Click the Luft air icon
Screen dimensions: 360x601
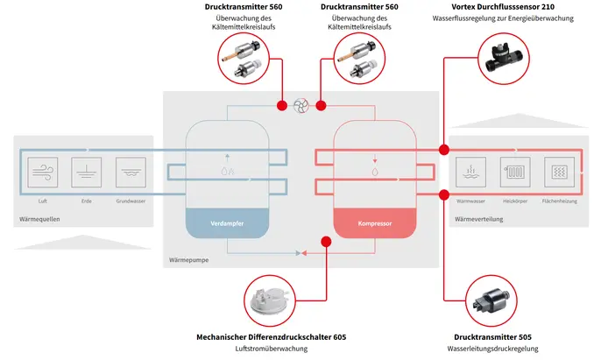tap(43, 171)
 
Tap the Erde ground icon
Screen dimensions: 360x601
tap(87, 171)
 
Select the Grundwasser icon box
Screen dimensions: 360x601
tap(130, 171)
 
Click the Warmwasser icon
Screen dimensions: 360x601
tap(470, 171)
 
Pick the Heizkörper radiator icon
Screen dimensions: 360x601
tap(514, 171)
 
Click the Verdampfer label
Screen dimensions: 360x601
tap(225, 224)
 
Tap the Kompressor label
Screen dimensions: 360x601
tap(374, 224)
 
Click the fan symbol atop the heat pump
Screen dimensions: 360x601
tap(301, 105)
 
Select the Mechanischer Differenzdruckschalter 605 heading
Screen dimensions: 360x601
tap(272, 336)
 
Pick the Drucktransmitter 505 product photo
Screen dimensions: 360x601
tap(490, 298)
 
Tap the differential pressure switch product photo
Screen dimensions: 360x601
tap(272, 298)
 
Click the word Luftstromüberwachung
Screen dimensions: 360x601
tap(272, 349)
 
